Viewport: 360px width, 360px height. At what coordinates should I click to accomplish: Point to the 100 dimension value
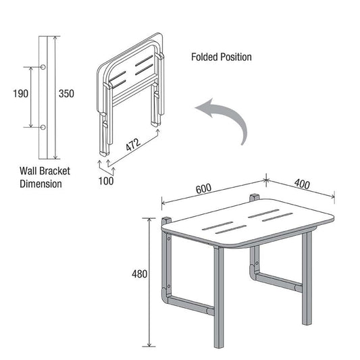(106, 180)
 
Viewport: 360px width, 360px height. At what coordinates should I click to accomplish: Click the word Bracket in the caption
(53, 171)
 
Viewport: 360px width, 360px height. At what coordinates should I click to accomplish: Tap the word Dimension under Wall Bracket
(41, 183)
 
